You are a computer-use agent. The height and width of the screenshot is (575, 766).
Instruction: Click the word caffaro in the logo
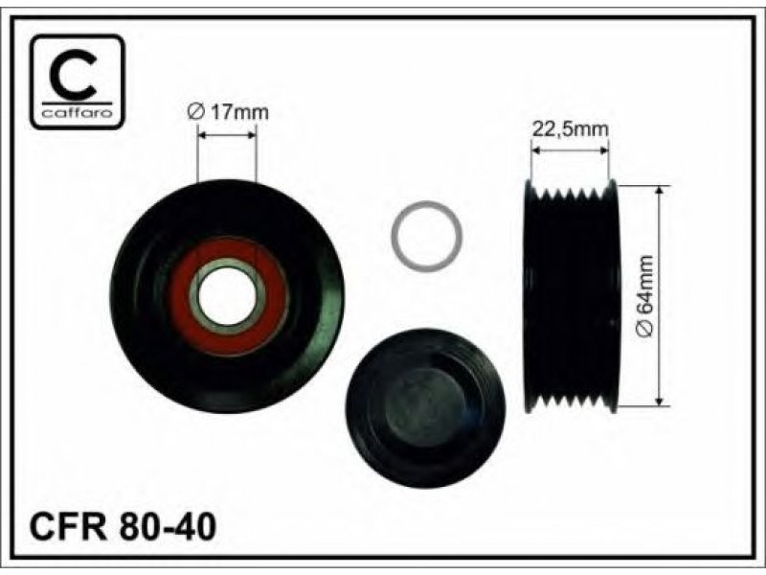click(78, 113)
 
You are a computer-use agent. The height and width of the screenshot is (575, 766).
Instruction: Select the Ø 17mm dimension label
click(228, 112)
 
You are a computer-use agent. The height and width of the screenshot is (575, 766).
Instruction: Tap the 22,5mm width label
click(570, 129)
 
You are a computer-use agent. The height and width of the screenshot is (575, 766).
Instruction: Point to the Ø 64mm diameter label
click(644, 296)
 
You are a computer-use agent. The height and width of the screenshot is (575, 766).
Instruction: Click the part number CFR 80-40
click(123, 526)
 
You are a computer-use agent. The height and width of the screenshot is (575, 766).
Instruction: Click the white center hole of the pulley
click(227, 296)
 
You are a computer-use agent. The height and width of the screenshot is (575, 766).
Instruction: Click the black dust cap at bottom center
click(425, 408)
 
